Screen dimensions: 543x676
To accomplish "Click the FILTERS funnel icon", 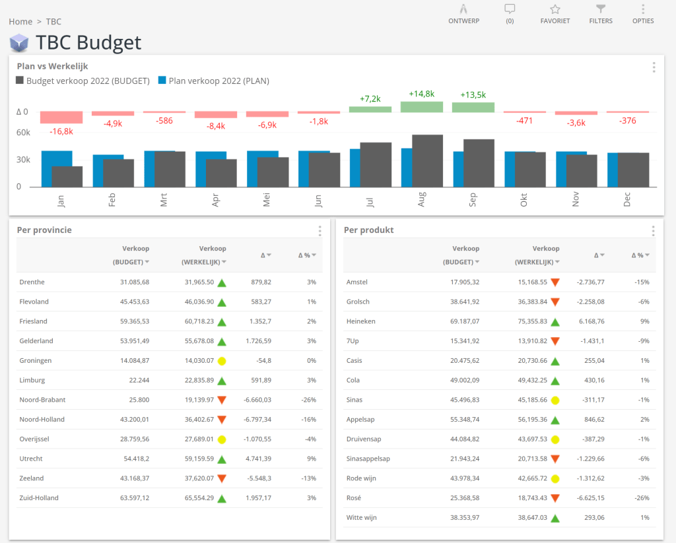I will (x=601, y=9).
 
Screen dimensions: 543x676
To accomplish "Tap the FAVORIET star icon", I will (x=555, y=9).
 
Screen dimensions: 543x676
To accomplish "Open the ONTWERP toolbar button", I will (x=463, y=9).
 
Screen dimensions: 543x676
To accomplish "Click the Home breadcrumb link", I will (x=20, y=22).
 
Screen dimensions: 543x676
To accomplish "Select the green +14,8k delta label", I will (x=421, y=94).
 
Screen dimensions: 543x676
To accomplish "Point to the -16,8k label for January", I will (x=61, y=131).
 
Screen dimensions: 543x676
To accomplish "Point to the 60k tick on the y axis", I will (x=23, y=133).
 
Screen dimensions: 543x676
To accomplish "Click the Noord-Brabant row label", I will (x=42, y=400).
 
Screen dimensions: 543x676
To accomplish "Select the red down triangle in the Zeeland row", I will (x=222, y=479).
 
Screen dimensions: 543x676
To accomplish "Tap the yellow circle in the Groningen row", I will (x=222, y=361).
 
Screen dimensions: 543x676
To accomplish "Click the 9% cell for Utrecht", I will (x=311, y=459).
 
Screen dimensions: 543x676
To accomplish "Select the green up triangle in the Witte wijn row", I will (x=555, y=518).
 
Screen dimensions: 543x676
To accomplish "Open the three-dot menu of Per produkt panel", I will (x=653, y=231).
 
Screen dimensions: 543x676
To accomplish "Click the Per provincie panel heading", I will (x=44, y=230).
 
